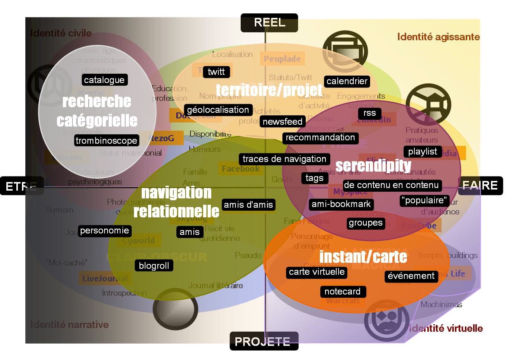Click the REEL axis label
[269, 23]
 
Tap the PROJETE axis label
[264, 341]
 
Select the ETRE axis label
[22, 186]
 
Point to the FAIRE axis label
[480, 185]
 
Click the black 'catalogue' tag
[104, 80]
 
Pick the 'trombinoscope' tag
[106, 140]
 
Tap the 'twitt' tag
[216, 72]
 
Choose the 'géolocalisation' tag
[218, 110]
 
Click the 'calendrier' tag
[347, 81]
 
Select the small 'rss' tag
[369, 113]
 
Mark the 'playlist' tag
[423, 152]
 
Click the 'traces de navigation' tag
[284, 159]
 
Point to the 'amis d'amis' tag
[248, 204]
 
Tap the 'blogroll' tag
[154, 266]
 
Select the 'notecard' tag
[342, 291]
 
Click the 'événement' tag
[411, 276]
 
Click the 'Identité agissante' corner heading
[438, 37]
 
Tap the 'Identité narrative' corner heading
[70, 325]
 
